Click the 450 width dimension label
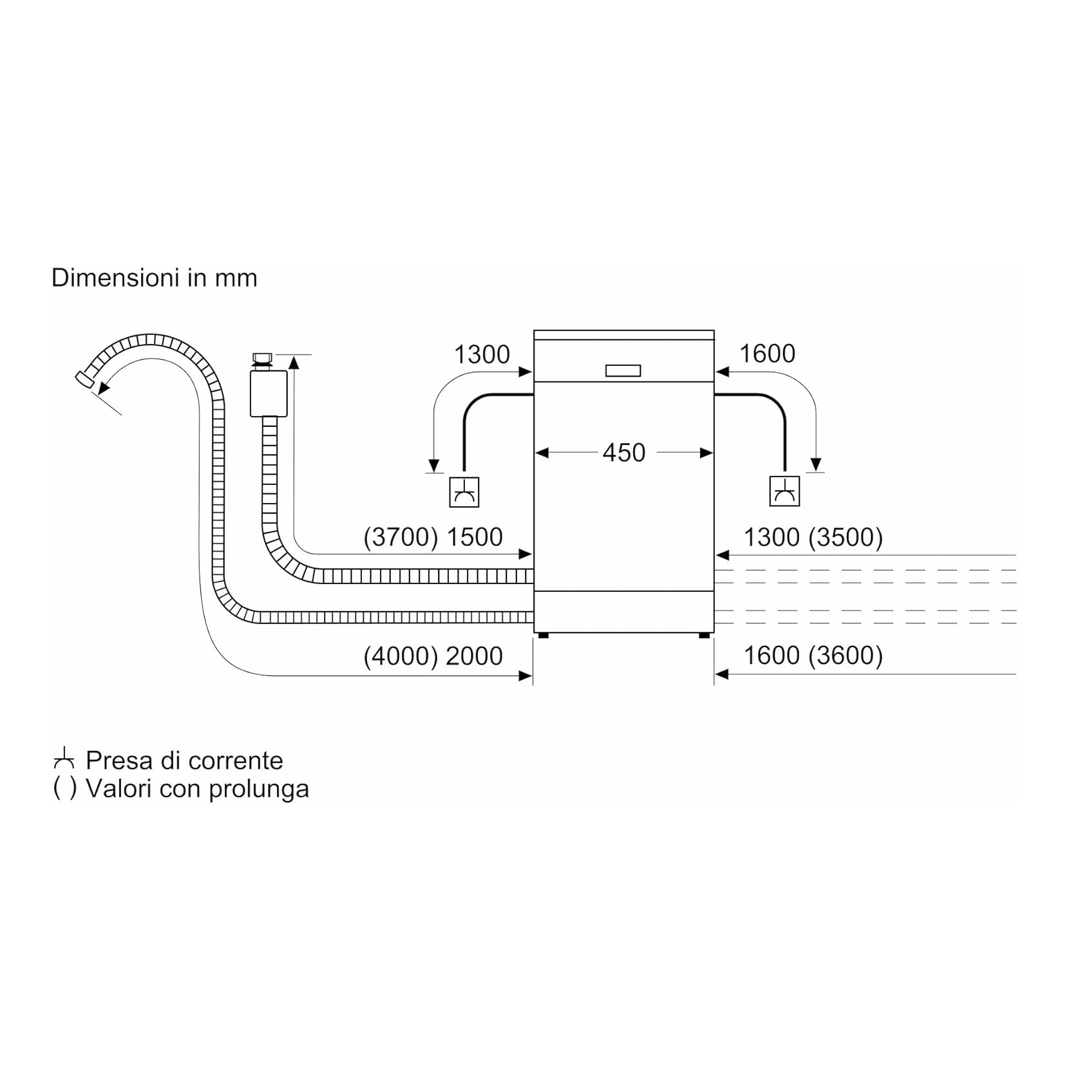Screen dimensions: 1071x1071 [623, 453]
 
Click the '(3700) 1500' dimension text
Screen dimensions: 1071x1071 [433, 537]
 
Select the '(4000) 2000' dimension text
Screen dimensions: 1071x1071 [433, 656]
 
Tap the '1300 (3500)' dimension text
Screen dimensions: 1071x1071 [813, 537]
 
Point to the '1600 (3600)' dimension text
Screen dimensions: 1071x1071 [813, 656]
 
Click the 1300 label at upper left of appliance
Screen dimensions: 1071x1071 [482, 354]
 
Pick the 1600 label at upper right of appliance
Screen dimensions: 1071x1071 [767, 354]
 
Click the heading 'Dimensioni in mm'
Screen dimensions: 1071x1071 [155, 278]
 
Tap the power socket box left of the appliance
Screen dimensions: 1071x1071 [464, 492]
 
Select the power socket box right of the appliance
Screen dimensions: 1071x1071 [784, 491]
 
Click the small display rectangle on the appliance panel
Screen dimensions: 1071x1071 [623, 371]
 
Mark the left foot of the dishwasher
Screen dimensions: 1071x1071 [543, 635]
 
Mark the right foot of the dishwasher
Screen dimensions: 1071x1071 [705, 635]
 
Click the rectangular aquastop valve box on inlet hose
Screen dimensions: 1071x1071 [269, 393]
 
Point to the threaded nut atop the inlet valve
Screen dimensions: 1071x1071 [262, 360]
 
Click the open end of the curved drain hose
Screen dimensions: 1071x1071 [84, 379]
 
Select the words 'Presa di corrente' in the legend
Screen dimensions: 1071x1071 [184, 761]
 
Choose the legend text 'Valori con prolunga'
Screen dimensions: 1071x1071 [197, 788]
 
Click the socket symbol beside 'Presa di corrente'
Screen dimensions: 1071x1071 [64, 759]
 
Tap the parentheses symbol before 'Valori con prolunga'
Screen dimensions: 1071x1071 [64, 788]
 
